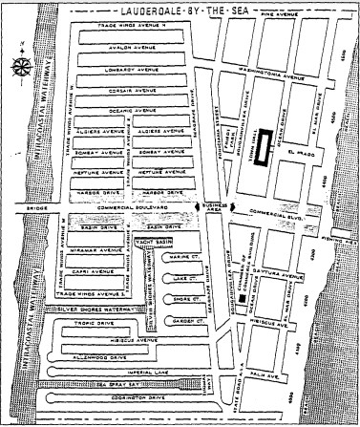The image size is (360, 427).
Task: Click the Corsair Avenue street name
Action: coord(132,89)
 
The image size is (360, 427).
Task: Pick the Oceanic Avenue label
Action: coord(132,111)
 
